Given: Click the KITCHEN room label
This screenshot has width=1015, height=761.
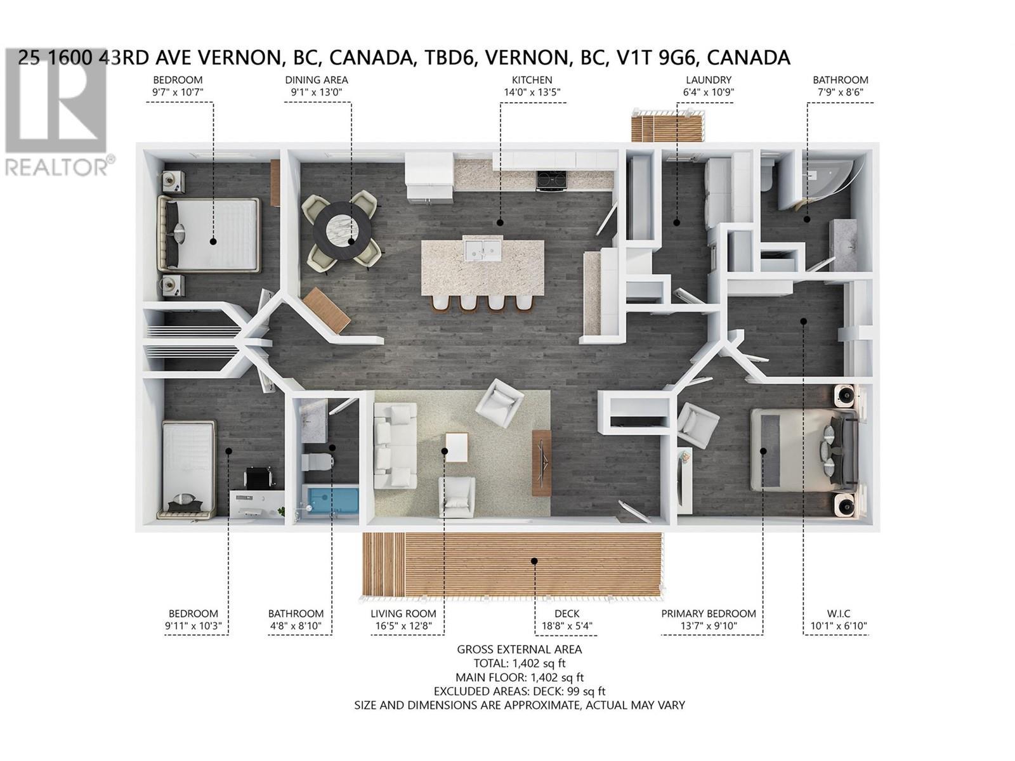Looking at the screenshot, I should tap(532, 80).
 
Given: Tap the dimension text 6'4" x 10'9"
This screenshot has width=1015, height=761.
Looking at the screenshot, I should tap(709, 92).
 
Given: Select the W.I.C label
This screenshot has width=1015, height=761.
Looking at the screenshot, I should tap(839, 613).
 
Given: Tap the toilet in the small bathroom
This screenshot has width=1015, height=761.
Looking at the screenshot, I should tap(318, 460).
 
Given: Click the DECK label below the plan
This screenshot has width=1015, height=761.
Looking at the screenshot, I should tap(566, 613).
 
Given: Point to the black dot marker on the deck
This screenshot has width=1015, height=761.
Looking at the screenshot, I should tap(534, 561).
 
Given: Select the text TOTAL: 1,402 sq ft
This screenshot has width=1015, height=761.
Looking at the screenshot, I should tap(520, 663).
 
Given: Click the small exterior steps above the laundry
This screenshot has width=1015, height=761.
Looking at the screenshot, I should tap(667, 126).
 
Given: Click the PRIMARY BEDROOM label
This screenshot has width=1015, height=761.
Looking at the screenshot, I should tap(708, 613).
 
